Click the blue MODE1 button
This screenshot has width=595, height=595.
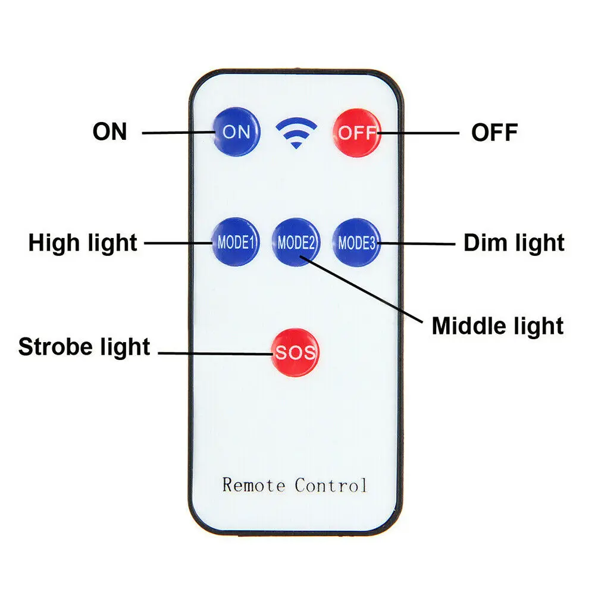point(236,242)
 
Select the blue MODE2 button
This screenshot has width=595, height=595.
point(296,242)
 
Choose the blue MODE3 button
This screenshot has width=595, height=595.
point(357,242)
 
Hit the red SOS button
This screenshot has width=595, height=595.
point(295,352)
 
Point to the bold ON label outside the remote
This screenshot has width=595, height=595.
point(110,131)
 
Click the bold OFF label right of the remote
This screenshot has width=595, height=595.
point(494,133)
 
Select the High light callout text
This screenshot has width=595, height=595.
point(83,243)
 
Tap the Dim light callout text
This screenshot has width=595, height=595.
point(514,243)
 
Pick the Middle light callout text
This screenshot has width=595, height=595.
point(497,326)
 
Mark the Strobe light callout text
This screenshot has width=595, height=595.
point(84,347)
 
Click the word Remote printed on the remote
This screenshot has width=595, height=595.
point(253,485)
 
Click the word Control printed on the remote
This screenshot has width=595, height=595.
point(331,485)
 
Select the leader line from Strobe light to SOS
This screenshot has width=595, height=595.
point(214,354)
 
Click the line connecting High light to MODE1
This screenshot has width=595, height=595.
point(177,243)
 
